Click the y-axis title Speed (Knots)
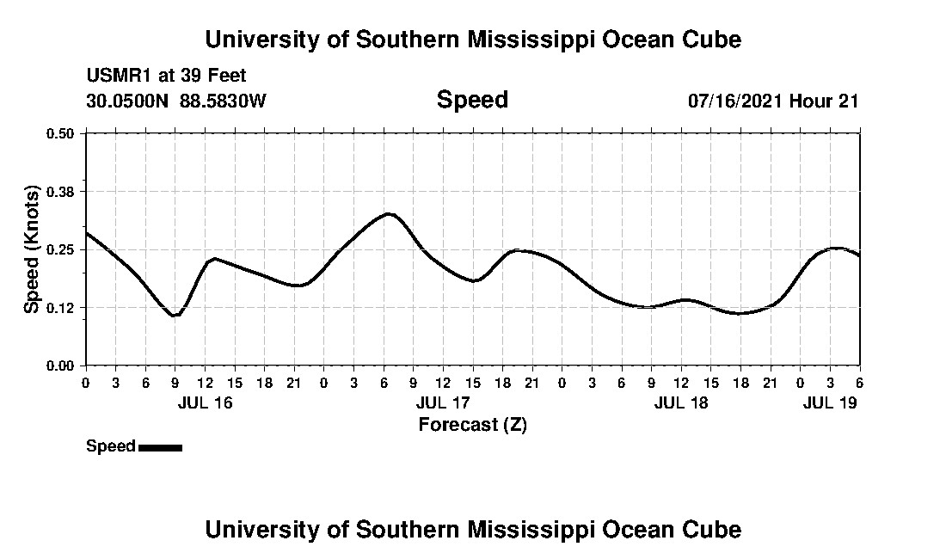point(32,249)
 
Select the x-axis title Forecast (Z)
point(472,424)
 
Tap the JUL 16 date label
point(206,402)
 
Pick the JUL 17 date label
point(444,402)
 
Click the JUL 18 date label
point(681,402)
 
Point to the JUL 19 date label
point(830,402)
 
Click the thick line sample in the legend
point(160,447)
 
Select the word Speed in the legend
point(111,446)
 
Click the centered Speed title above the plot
point(472,100)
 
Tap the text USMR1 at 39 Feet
point(166,76)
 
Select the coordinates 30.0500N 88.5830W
point(176,101)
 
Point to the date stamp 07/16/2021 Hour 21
point(773,101)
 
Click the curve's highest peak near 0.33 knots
point(390,213)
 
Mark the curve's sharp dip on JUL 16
point(175,316)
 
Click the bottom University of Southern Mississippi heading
point(472,529)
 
